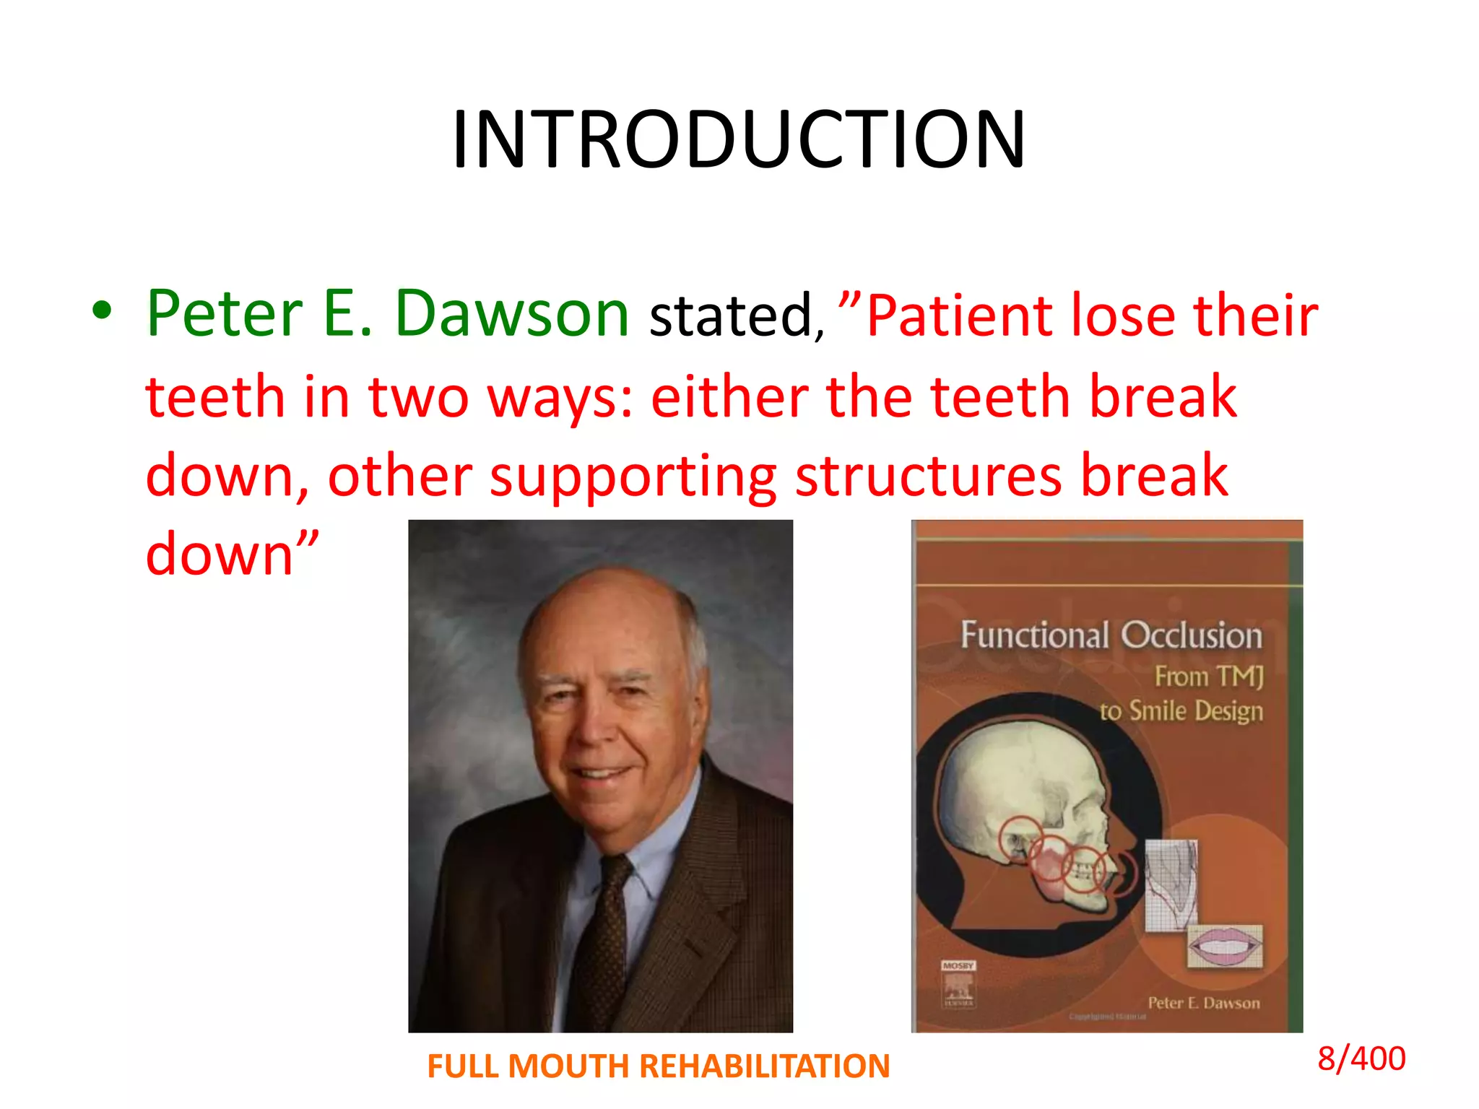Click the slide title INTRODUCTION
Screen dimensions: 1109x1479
738,139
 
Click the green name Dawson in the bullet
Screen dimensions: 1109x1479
512,314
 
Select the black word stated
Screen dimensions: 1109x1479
731,316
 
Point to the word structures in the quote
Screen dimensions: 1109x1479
929,477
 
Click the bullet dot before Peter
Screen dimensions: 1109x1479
102,310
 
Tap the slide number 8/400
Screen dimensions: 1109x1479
1361,1058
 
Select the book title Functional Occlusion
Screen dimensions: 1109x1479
1111,635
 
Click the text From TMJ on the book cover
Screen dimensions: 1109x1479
1209,677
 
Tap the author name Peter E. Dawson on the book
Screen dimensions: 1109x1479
1203,1002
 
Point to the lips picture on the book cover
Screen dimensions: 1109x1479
1226,945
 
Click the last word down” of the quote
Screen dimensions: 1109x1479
231,554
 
